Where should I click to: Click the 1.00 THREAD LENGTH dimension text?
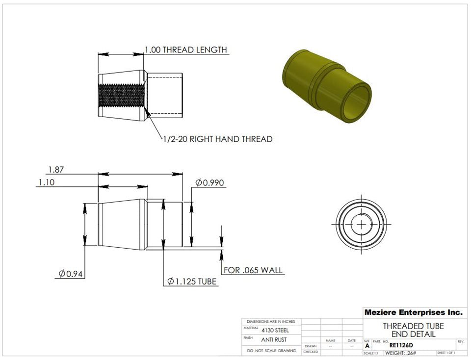click(x=185, y=50)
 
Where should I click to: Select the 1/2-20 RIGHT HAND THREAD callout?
click(x=217, y=139)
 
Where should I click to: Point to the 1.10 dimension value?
click(x=47, y=182)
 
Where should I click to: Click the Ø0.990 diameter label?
click(x=210, y=183)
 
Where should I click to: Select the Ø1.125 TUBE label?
click(x=192, y=282)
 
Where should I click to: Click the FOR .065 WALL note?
click(x=253, y=270)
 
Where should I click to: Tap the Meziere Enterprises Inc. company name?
click(x=413, y=312)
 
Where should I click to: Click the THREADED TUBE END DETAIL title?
click(x=413, y=330)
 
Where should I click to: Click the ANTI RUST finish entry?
click(x=274, y=339)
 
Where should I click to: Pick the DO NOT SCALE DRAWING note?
click(x=272, y=351)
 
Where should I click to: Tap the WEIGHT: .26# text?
click(x=401, y=353)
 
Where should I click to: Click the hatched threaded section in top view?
click(x=121, y=96)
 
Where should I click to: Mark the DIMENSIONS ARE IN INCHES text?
click(x=271, y=321)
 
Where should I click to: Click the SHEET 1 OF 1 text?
click(x=445, y=353)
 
